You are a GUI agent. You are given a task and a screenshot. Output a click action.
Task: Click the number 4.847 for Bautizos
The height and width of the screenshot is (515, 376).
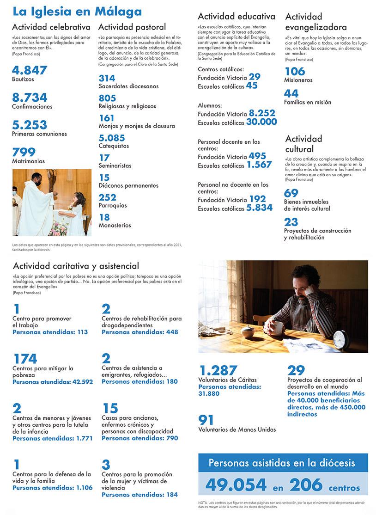point(30,70)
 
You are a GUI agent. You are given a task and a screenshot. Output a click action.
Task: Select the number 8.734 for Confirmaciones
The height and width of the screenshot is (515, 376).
point(30,98)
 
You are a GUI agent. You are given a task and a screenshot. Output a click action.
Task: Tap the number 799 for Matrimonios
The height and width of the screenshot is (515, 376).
point(24,152)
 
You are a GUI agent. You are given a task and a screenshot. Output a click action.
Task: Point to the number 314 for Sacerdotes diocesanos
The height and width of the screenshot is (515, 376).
point(107,78)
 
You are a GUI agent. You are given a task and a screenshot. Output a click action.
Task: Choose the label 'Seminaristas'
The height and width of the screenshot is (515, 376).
point(115,166)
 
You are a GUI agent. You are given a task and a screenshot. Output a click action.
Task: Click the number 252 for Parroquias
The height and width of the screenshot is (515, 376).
point(107,197)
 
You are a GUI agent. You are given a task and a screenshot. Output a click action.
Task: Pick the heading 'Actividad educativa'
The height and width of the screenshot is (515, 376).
point(236,17)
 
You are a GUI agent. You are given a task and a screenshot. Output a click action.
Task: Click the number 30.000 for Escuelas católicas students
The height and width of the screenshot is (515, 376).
point(261,122)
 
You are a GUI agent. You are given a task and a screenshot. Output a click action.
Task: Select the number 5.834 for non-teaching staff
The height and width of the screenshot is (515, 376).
point(259,208)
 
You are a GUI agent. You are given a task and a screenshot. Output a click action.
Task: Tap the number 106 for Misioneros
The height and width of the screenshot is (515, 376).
point(295,71)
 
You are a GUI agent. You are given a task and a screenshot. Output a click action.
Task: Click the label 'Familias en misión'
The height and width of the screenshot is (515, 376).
point(307,102)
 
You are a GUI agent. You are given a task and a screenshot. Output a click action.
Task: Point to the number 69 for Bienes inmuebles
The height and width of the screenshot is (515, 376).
point(291,193)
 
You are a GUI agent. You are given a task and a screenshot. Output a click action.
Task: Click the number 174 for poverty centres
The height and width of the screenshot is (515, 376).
point(25,359)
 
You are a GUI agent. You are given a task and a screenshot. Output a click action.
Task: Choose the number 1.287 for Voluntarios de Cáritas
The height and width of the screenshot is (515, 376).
point(218,370)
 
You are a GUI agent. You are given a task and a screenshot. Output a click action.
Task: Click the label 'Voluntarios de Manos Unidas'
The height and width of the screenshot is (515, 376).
point(237,429)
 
